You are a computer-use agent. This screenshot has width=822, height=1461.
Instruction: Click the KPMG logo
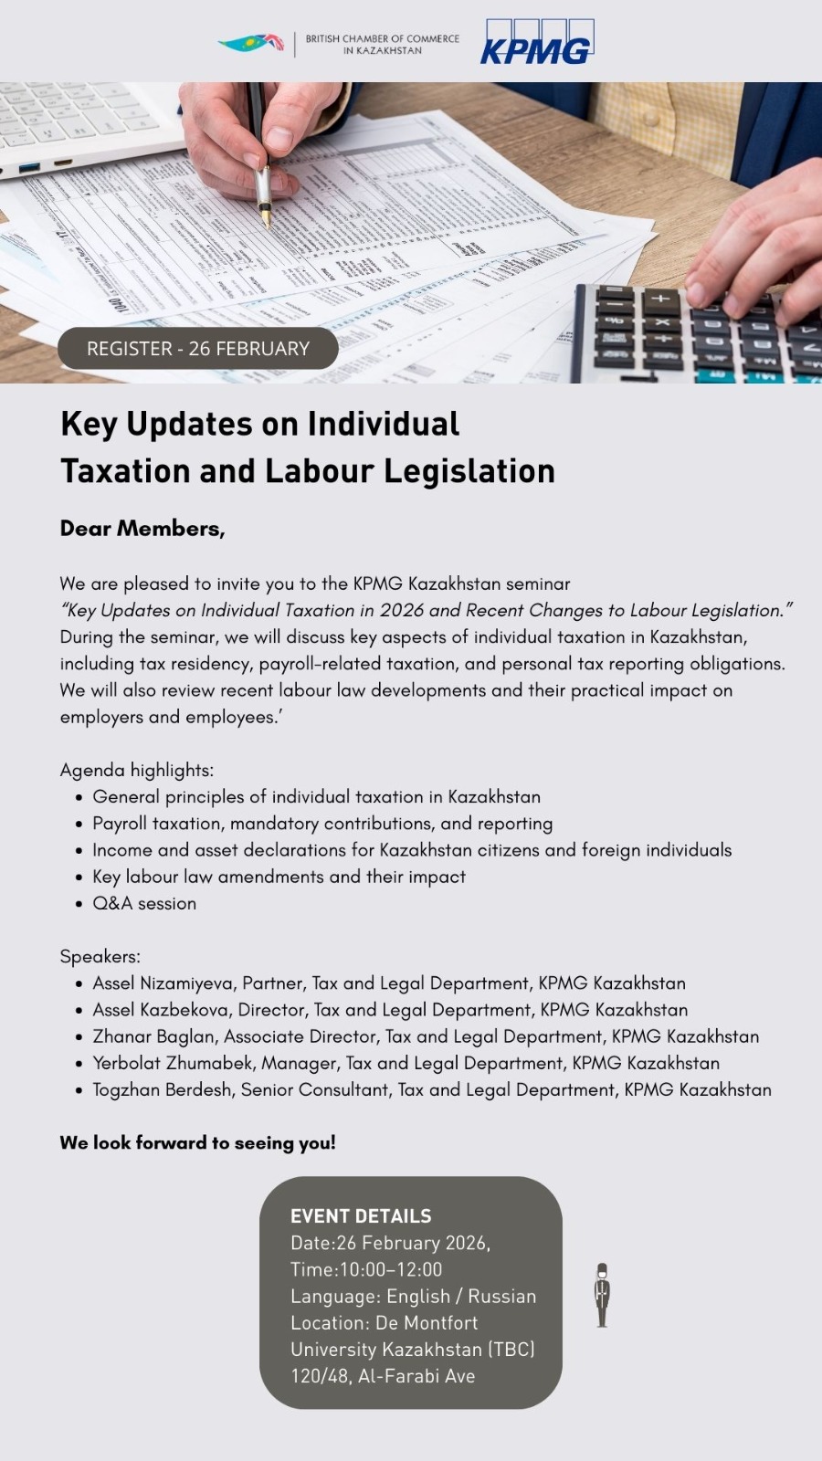click(x=536, y=43)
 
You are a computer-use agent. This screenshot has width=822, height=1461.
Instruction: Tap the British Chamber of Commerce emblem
click(x=251, y=43)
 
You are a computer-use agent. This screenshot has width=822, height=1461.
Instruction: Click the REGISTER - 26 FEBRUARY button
click(x=198, y=348)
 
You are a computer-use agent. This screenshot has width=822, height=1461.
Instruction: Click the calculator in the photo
click(x=694, y=333)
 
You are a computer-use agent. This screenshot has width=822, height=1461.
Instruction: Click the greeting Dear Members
click(x=142, y=528)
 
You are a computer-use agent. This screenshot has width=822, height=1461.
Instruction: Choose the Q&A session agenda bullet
click(x=144, y=903)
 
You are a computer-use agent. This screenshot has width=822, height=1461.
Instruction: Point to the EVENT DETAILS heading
click(x=361, y=1216)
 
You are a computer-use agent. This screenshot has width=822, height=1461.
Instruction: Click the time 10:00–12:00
click(x=390, y=1269)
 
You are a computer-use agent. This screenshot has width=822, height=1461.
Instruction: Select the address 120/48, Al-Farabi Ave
click(x=383, y=1376)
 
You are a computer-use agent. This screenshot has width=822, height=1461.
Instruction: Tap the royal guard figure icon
click(x=602, y=1295)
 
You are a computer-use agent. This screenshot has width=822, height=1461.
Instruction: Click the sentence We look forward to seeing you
click(x=197, y=1142)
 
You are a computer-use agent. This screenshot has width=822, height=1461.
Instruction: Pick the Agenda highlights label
click(x=137, y=770)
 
